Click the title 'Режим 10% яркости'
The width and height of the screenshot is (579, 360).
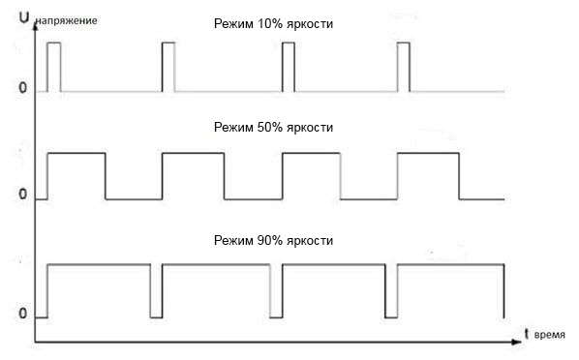pos(273,23)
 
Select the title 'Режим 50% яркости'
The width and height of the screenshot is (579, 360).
pos(273,128)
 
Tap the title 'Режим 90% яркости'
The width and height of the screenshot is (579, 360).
pos(273,238)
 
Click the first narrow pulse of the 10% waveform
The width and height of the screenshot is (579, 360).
pos(53,67)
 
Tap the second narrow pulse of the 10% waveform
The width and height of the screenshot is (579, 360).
pos(168,67)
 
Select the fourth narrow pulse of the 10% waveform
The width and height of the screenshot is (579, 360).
pos(405,67)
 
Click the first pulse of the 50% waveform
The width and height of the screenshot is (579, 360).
pos(76,176)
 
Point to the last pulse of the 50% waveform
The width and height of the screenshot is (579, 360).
pos(428,176)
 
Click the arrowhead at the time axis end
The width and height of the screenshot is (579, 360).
pos(514,341)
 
